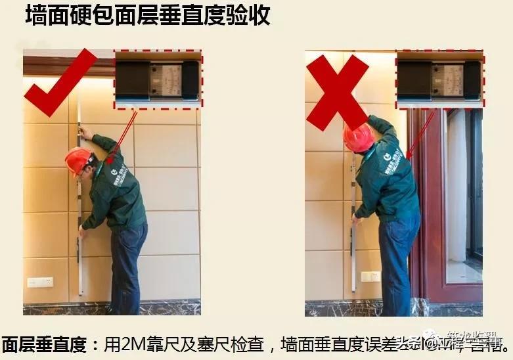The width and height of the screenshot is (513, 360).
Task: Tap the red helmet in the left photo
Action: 78,160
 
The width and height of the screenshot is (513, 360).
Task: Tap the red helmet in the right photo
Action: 359,137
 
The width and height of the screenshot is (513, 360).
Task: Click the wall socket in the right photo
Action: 370,277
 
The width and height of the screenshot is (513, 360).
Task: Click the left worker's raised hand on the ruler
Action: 84,133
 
